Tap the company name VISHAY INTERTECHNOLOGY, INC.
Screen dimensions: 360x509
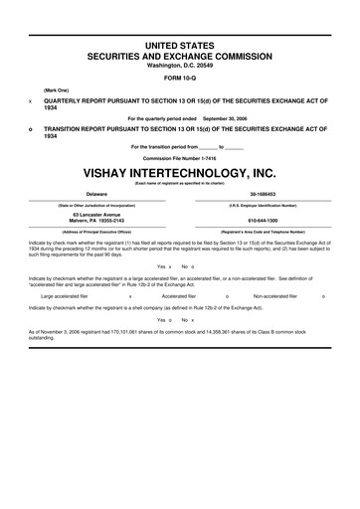click(x=180, y=171)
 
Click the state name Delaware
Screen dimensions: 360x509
click(x=96, y=194)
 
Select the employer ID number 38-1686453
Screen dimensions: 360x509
click(x=264, y=194)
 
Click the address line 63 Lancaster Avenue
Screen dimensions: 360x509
click(x=96, y=215)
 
